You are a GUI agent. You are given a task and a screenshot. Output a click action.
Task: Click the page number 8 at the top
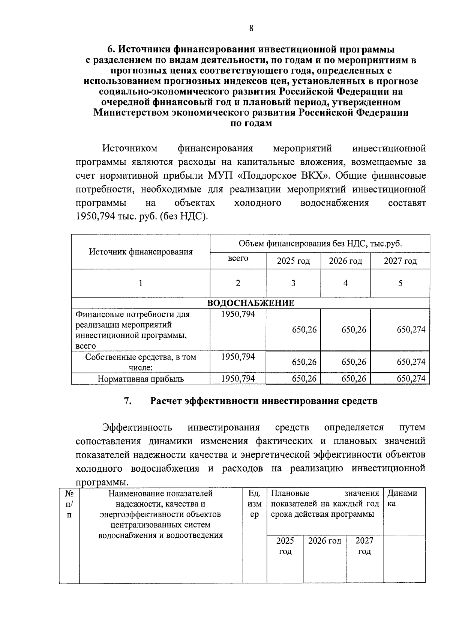(x=251, y=29)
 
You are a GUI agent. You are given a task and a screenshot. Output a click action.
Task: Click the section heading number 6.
(x=110, y=50)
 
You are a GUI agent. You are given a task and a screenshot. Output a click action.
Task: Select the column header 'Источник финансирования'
(x=141, y=252)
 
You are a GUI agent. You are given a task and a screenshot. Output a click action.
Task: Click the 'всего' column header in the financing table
(x=238, y=259)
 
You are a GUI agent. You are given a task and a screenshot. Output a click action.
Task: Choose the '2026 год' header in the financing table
(x=345, y=261)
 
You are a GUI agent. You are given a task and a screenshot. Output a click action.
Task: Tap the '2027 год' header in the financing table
(x=400, y=261)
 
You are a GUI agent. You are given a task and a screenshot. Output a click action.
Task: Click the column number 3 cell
(x=293, y=283)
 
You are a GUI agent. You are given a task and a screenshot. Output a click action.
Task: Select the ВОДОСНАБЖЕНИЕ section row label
(x=250, y=303)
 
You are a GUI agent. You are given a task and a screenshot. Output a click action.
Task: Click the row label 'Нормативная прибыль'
(x=141, y=379)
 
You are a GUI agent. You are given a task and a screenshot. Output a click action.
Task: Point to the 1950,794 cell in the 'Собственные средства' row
(x=238, y=357)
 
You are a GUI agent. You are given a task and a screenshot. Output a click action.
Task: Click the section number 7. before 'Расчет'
(x=127, y=401)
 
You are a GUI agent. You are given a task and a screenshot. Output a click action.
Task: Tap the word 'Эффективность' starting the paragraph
(x=137, y=428)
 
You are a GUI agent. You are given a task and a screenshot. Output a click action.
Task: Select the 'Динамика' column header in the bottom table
(x=402, y=498)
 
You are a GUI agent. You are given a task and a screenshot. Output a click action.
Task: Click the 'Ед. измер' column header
(x=254, y=504)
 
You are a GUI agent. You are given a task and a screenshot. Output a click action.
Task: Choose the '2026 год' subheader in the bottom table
(x=324, y=541)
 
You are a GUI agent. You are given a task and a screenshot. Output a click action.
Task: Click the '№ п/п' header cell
(x=69, y=504)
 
